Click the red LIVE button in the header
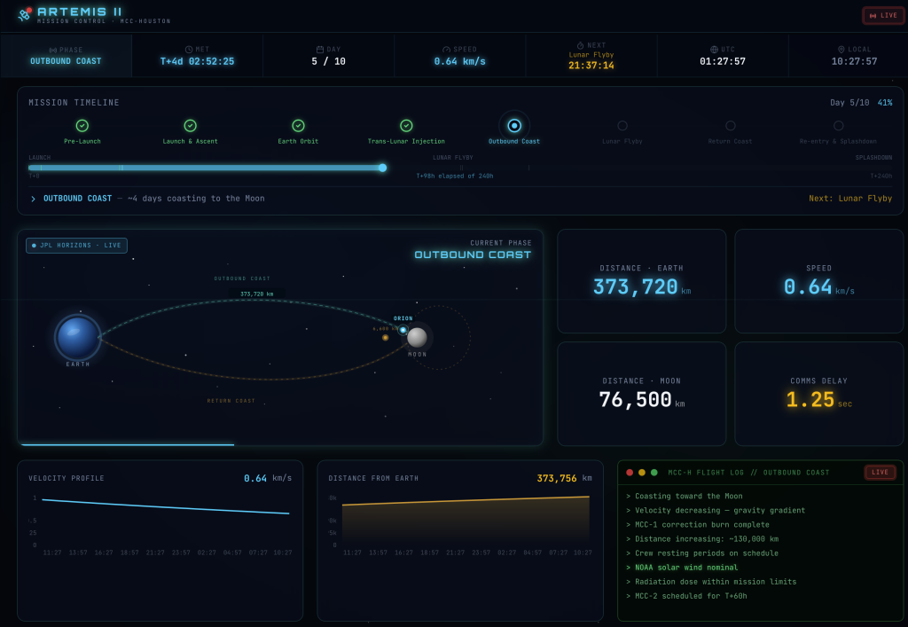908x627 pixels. (883, 15)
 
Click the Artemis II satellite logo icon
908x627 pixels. (24, 15)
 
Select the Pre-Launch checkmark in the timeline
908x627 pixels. (82, 126)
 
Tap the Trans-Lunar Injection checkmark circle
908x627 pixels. (406, 126)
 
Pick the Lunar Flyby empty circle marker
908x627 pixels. (622, 126)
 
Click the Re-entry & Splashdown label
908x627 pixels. (838, 141)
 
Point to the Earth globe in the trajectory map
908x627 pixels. (78, 337)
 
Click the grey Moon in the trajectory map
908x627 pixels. (417, 337)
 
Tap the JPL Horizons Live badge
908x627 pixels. (77, 246)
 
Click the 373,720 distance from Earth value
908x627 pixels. (635, 287)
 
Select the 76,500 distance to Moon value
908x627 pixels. (635, 400)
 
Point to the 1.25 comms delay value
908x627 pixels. (810, 400)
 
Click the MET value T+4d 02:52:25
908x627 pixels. (197, 61)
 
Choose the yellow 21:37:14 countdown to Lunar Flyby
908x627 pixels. (591, 65)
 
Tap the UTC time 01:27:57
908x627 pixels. (723, 61)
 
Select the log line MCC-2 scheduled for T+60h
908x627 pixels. (677, 596)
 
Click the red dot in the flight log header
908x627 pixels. (630, 473)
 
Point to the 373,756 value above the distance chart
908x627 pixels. (556, 479)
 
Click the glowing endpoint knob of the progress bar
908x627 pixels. (382, 168)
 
